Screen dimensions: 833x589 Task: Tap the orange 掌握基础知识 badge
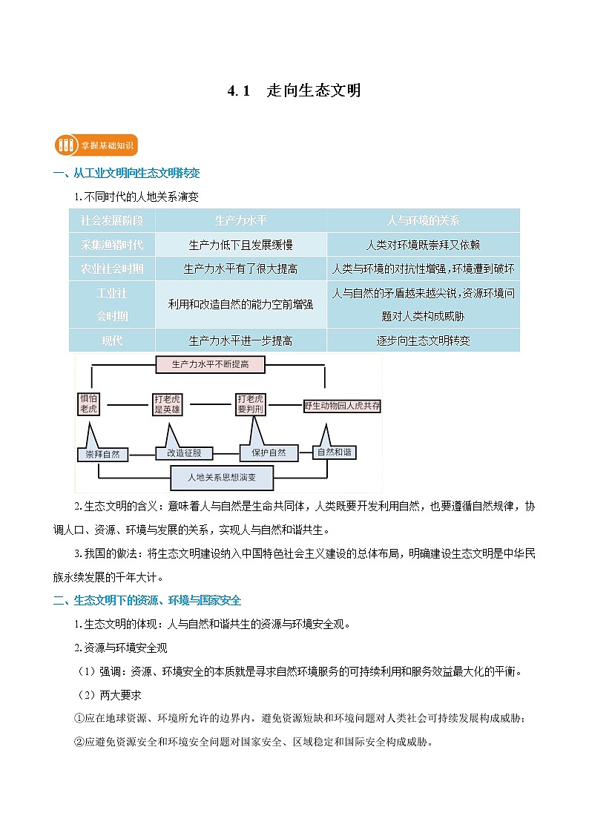[96, 145]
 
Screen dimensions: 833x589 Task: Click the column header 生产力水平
[240, 220]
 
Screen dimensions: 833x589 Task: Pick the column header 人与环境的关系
[423, 220]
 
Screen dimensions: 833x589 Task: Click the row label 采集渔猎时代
[112, 245]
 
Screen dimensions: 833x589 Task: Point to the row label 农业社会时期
[112, 269]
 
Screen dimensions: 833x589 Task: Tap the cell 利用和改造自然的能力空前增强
[240, 304]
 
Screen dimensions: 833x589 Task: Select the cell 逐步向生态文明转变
[423, 340]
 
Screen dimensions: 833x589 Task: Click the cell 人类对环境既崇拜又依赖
[423, 245]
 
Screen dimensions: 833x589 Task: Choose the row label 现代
[112, 340]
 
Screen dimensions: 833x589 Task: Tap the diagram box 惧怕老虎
[88, 404]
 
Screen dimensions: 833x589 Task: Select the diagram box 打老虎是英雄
[167, 404]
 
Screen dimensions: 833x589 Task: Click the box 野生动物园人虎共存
[342, 406]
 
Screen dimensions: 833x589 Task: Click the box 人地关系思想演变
[222, 477]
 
